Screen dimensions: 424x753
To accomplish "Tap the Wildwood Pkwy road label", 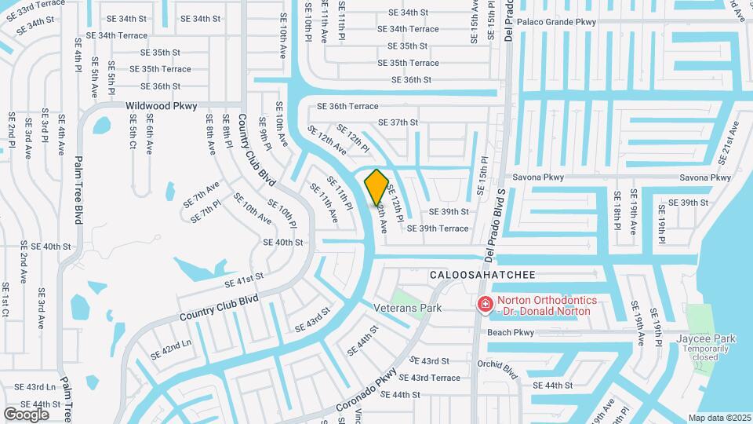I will [162, 106].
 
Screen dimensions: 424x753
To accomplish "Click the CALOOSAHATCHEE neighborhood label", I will [482, 275].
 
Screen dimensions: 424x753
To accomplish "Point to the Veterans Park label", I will [407, 309].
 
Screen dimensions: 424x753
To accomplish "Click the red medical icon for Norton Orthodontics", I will [486, 303].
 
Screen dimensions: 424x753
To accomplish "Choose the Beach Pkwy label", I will [511, 333].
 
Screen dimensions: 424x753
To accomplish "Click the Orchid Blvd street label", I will [498, 367].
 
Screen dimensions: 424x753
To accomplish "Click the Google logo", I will [26, 413].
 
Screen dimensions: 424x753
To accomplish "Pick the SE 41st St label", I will [243, 280].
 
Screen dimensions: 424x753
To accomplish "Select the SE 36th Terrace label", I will [347, 107].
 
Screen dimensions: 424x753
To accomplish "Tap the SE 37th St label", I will [398, 122].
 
